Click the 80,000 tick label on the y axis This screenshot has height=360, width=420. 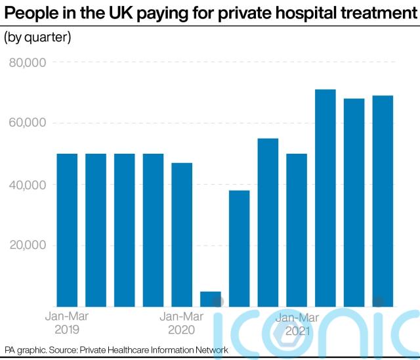click(28, 62)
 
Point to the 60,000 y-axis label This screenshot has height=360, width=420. click(28, 122)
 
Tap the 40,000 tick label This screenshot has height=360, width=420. click(28, 185)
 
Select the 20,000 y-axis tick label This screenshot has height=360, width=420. click(28, 245)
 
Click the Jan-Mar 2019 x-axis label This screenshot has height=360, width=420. click(67, 323)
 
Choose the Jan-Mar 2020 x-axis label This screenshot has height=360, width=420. click(182, 323)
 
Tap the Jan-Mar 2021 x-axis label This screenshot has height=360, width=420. click(297, 324)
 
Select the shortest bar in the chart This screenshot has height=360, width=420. click(211, 299)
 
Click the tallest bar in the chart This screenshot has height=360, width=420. click(325, 198)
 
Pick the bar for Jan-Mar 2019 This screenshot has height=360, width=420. click(67, 231)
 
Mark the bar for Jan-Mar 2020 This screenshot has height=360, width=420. click(182, 235)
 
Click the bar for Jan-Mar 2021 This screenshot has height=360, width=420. click(297, 231)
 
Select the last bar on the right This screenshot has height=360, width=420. click(383, 201)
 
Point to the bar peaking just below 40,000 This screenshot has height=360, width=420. click(239, 248)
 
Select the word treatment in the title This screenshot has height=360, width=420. click(376, 12)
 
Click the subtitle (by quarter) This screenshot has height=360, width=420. click(37, 37)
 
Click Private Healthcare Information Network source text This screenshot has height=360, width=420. click(154, 349)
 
